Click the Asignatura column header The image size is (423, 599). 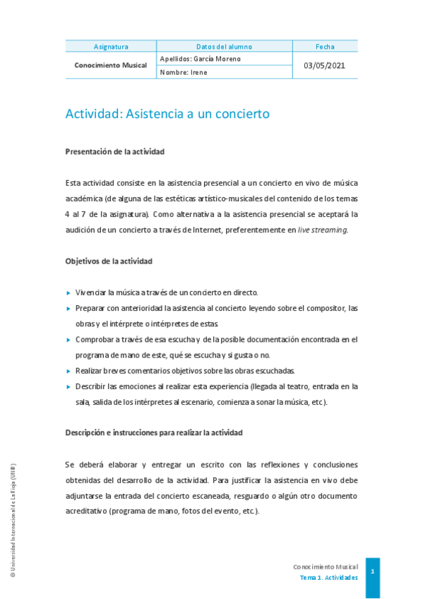111,47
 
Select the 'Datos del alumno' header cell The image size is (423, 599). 224,47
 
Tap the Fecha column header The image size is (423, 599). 325,47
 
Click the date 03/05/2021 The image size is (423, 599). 325,66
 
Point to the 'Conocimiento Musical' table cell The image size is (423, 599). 111,66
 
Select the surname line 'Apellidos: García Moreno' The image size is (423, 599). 201,59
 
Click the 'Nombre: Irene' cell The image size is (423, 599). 184,72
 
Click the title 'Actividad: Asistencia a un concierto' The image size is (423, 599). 167,114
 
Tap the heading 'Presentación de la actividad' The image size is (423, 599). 114,151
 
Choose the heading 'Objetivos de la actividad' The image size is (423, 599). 109,261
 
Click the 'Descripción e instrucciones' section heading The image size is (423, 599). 154,432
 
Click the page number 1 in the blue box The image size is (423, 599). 372,571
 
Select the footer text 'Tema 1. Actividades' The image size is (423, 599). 328,577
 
